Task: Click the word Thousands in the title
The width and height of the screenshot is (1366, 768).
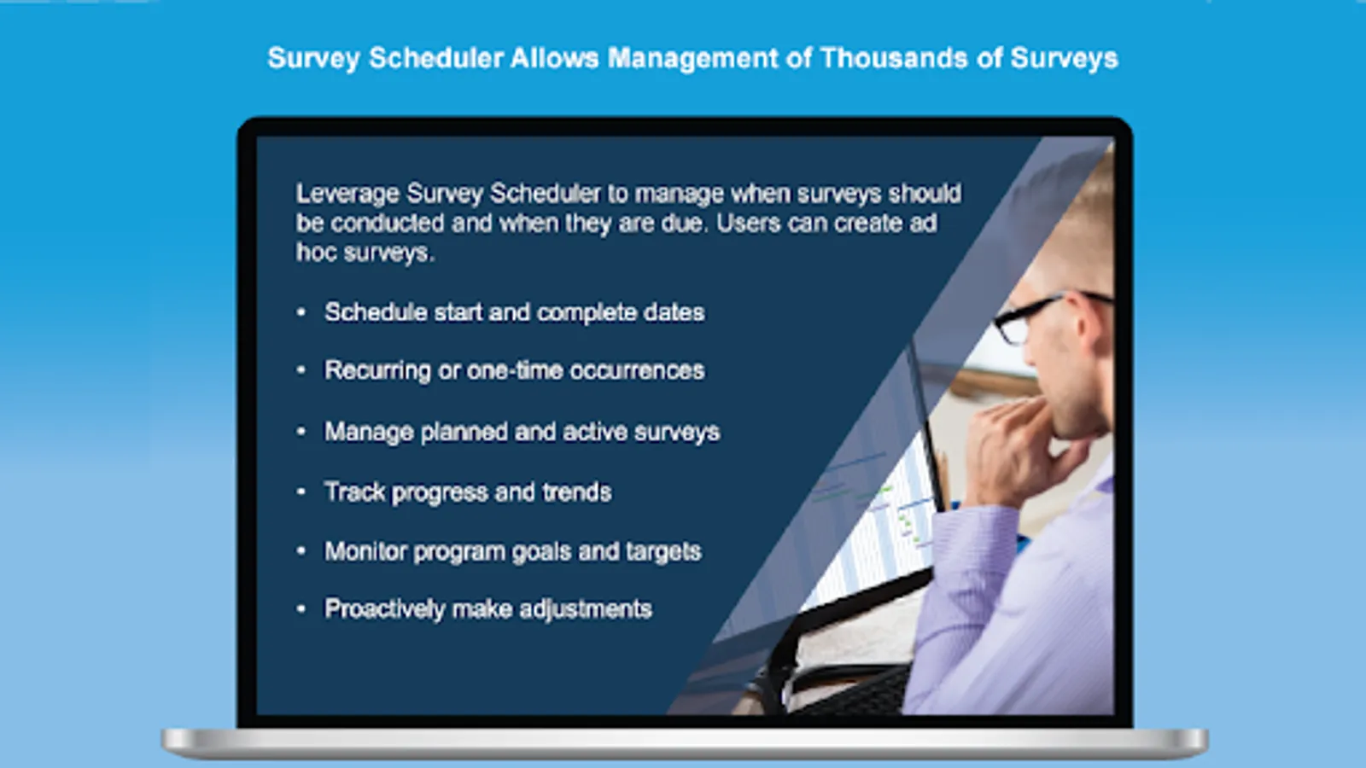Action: tap(895, 59)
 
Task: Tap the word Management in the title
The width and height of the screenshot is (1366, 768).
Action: tap(693, 59)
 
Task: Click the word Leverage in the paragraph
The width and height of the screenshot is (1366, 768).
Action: tap(347, 195)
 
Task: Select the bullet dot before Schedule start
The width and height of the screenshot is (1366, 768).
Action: tap(301, 312)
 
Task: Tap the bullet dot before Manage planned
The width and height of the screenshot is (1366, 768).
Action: tap(301, 432)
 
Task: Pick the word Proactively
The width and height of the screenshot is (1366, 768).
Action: tap(385, 609)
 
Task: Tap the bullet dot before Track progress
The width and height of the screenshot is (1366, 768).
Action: tap(301, 492)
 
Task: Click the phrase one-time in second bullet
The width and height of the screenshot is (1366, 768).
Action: tap(515, 370)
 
